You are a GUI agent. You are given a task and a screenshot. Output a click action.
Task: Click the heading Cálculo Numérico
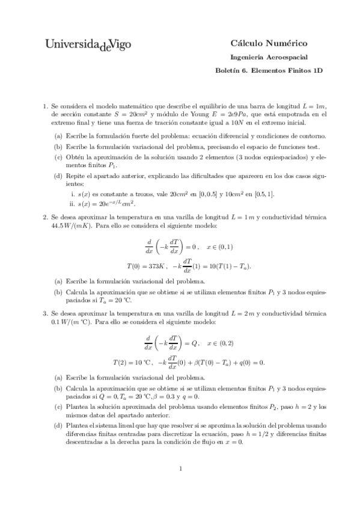[x=269, y=43]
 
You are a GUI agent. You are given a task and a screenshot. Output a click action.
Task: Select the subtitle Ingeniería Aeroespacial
[x=269, y=57]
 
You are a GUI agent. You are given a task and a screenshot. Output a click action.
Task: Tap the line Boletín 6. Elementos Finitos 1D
[x=269, y=70]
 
